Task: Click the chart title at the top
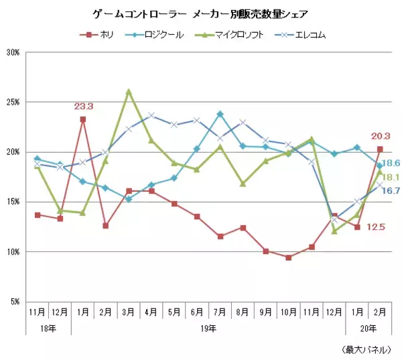(x=200, y=13)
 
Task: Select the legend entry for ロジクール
(x=158, y=34)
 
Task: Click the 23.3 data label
(x=83, y=106)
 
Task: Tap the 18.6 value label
(x=393, y=163)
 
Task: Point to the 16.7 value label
(x=393, y=191)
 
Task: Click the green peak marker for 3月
(x=129, y=91)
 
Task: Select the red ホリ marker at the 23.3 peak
(x=82, y=119)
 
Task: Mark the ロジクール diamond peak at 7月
(x=220, y=114)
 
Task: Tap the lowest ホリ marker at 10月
(x=288, y=257)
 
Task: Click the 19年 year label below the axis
(x=208, y=328)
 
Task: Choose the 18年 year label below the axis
(x=48, y=328)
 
